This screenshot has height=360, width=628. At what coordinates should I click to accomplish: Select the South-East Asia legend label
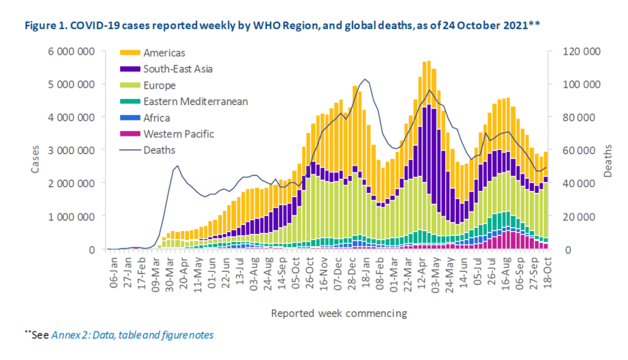pos(179,69)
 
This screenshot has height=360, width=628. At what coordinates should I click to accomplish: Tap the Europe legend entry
pos(159,85)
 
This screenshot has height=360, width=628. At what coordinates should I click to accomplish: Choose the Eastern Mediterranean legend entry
pos(195,101)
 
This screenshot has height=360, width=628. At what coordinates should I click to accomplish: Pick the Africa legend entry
pos(157,117)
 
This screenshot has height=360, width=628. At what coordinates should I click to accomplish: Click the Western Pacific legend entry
pos(177,133)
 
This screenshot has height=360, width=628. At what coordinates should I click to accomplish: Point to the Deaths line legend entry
pos(159,150)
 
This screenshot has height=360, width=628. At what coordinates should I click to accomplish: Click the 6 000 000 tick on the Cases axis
pos(72,50)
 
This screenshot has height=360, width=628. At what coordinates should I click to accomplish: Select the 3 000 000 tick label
pos(72,150)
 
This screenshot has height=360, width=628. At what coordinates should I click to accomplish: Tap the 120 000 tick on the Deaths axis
pos(583,51)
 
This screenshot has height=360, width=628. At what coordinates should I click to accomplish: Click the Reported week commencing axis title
pos(339,313)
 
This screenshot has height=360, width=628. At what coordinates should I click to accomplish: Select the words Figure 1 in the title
pos(45,26)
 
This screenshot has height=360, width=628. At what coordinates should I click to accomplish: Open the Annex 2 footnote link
pos(133,335)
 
